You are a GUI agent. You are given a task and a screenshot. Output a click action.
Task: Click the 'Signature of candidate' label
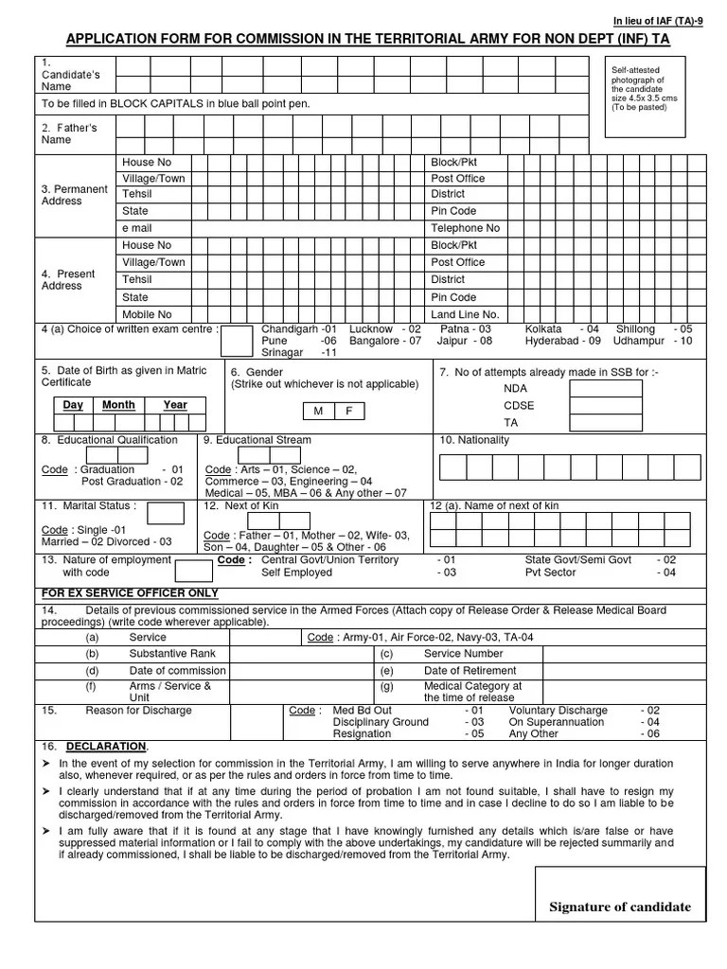click(x=620, y=907)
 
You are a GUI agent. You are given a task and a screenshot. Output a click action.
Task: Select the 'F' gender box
click(x=348, y=411)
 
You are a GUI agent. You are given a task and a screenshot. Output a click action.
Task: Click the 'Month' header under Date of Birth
click(x=118, y=405)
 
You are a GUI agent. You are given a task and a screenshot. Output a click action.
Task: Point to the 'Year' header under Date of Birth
click(x=175, y=405)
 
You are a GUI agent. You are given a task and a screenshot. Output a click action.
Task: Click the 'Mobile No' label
click(x=147, y=314)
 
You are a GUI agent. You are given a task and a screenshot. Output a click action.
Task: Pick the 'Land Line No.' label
click(x=465, y=314)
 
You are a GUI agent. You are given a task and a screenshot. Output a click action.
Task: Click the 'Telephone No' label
click(x=465, y=228)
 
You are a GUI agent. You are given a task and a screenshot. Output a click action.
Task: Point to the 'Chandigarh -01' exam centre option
click(x=298, y=328)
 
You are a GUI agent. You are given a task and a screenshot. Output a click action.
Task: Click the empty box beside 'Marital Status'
click(x=166, y=513)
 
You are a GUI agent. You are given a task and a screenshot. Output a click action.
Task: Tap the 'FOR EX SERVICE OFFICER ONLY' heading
click(x=130, y=593)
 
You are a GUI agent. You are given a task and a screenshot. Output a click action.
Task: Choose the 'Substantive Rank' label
click(x=172, y=654)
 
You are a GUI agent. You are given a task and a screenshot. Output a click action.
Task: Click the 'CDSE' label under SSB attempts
click(x=519, y=405)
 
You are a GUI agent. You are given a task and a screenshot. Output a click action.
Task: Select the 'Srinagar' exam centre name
click(x=282, y=353)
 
